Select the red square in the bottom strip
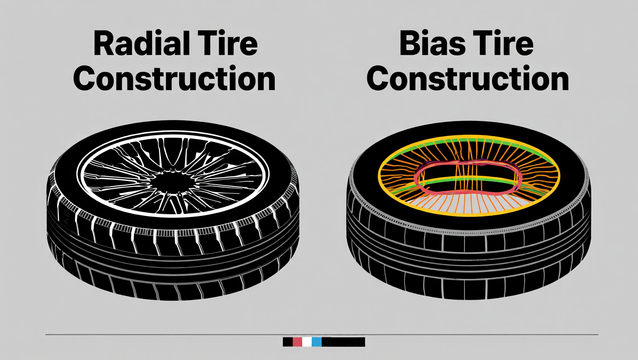tap(297, 342)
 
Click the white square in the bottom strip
tap(307, 342)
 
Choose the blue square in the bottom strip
tap(317, 342)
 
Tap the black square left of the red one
tap(288, 342)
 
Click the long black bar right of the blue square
tap(343, 342)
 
